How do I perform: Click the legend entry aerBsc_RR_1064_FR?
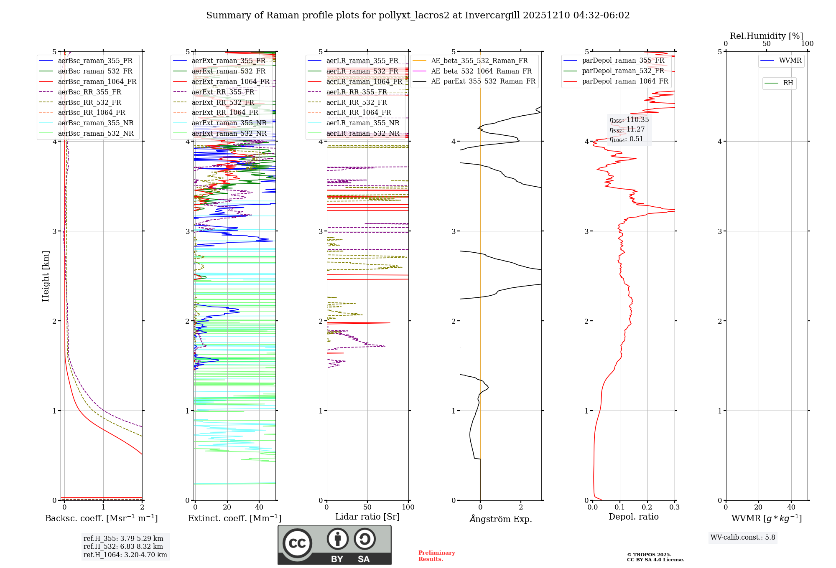pos(91,113)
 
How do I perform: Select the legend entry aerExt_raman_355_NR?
pos(229,123)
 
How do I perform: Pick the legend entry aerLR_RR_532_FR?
pos(356,103)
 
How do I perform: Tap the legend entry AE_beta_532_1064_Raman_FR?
pos(481,71)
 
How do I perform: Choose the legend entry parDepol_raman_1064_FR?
pos(624,81)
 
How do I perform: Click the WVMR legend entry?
pos(790,61)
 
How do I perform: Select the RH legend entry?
pos(788,84)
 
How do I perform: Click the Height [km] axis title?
pos(46,276)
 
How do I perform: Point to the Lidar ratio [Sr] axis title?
pos(367,517)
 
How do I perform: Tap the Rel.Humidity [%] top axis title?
pos(766,36)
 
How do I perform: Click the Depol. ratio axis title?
pos(633,517)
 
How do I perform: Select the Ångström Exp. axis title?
pos(500,519)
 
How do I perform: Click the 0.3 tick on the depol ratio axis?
pos(674,507)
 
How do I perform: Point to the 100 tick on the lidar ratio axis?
pos(408,507)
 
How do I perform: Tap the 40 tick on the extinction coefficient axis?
pos(259,507)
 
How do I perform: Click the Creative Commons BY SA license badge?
pos(334,545)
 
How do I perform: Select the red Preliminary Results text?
pos(436,556)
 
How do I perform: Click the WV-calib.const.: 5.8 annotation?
pos(743,538)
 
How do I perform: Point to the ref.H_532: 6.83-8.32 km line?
pos(123,547)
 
